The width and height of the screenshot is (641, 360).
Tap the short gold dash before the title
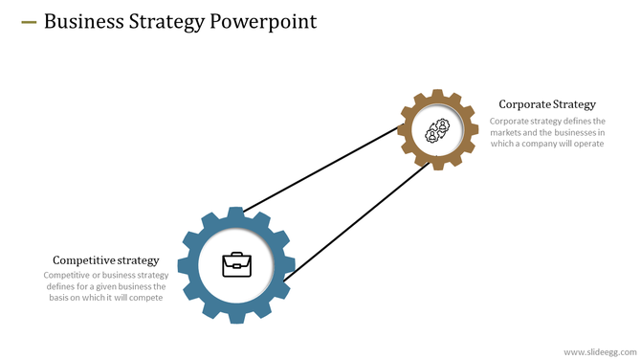(28, 21)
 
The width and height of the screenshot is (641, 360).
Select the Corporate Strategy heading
(547, 104)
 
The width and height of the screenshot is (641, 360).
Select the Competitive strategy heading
(105, 260)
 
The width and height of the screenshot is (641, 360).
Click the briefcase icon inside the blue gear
(236, 264)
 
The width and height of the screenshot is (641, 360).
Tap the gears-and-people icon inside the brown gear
(438, 130)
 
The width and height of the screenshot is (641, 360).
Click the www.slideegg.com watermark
(598, 351)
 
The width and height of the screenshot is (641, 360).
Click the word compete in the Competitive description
(143, 298)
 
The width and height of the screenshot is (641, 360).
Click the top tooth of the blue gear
(236, 212)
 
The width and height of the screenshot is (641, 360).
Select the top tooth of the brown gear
(438, 95)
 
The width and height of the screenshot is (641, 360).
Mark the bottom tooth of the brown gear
(438, 165)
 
